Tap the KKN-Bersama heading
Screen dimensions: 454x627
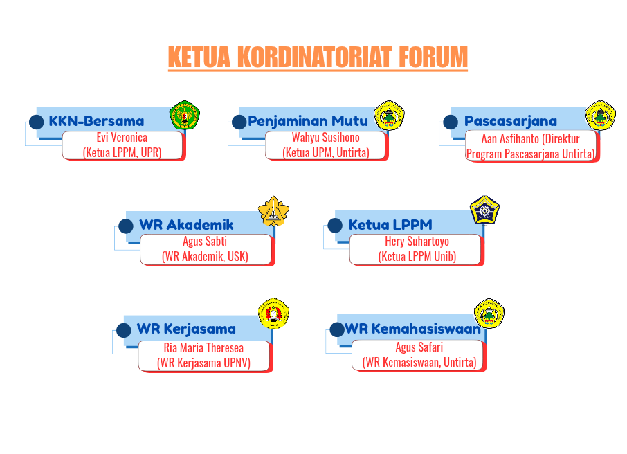[x=96, y=121]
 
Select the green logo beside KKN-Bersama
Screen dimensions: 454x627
[x=184, y=116]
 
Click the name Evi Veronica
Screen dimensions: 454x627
[x=122, y=138]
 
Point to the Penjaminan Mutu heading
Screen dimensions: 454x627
[x=308, y=121]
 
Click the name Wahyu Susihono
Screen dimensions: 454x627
[x=325, y=138]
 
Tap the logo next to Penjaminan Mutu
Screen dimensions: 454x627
[x=389, y=116]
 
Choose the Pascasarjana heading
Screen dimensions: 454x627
[x=511, y=121]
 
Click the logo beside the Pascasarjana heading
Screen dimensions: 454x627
[x=600, y=116]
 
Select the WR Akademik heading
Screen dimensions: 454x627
[x=186, y=225]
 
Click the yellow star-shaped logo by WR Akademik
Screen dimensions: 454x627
[x=273, y=212]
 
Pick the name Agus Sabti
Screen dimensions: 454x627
[x=205, y=242]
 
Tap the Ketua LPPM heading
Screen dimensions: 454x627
[x=390, y=225]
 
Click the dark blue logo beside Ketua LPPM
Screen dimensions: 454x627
[x=485, y=210]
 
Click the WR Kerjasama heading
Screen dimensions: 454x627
[x=186, y=329]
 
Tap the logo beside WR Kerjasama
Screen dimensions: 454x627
[x=273, y=314]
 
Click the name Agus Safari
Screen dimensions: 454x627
[x=419, y=347]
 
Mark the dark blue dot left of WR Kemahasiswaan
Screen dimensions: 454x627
[x=336, y=329]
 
